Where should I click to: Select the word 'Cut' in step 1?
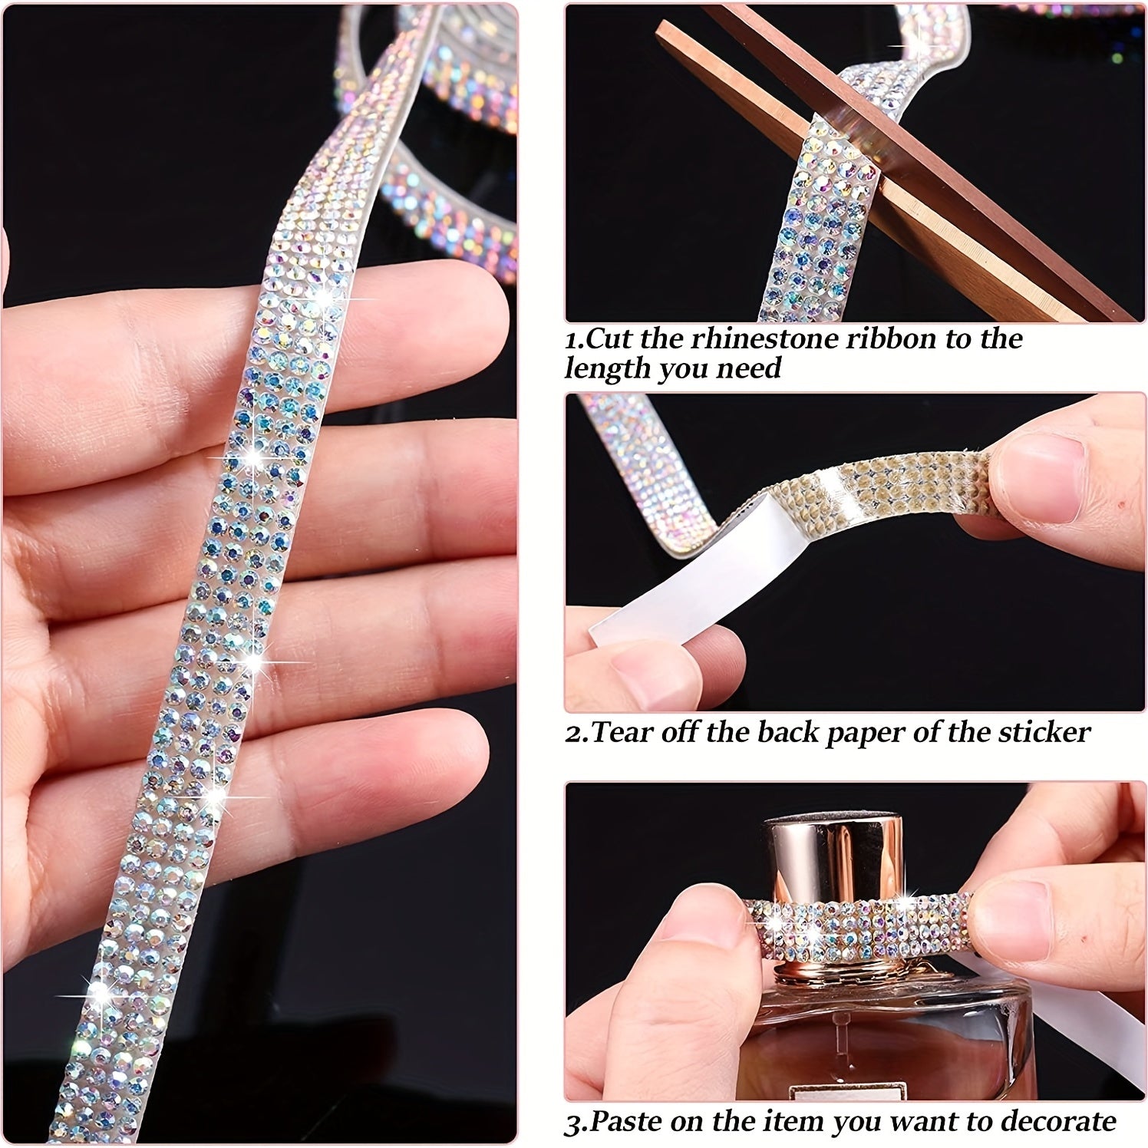(x=611, y=338)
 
